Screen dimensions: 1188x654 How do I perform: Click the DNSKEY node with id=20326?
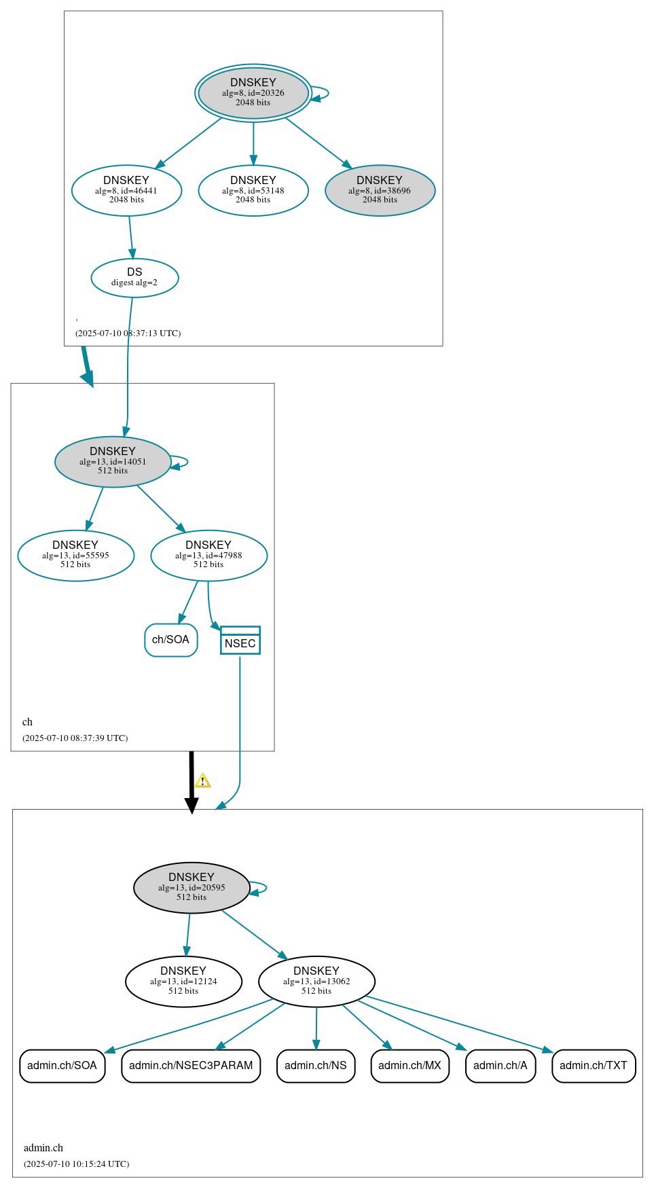253,93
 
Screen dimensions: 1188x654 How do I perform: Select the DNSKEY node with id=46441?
126,190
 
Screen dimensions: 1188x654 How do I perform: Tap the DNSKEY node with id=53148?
253,190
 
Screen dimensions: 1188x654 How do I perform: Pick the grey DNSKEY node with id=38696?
380,190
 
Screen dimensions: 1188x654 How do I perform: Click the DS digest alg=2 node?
134,277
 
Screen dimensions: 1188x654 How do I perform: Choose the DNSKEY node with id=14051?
113,461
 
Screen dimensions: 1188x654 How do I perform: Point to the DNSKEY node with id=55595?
75,555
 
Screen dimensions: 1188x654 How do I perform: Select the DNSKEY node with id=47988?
208,555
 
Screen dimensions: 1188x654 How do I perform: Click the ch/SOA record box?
170,640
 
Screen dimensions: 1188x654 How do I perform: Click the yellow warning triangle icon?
202,781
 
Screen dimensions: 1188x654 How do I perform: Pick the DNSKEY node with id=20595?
192,887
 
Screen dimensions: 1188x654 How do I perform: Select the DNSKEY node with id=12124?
183,981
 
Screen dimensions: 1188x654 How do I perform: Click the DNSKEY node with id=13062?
316,981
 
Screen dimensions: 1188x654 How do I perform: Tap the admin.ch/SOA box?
62,1066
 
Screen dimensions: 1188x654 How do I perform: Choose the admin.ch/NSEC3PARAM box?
191,1066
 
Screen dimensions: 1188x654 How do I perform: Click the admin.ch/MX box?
410,1066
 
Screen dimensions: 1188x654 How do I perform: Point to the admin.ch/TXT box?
594,1066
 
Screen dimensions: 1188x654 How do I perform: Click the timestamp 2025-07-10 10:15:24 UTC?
76,1164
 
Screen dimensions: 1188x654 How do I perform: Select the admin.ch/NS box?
316,1066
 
